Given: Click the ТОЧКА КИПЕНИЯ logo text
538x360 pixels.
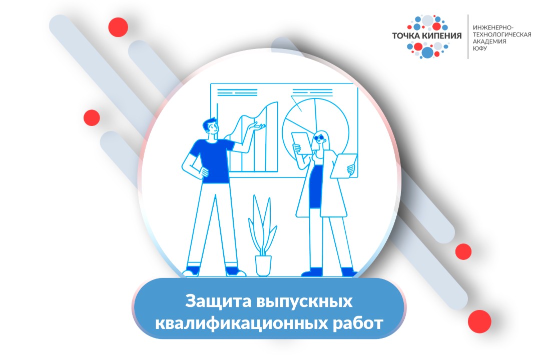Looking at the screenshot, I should [x=427, y=36].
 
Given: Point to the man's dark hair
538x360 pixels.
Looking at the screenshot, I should [x=210, y=123].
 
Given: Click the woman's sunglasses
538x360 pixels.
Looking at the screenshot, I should [x=319, y=137].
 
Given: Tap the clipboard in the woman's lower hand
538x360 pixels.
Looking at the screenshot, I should [x=345, y=164].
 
